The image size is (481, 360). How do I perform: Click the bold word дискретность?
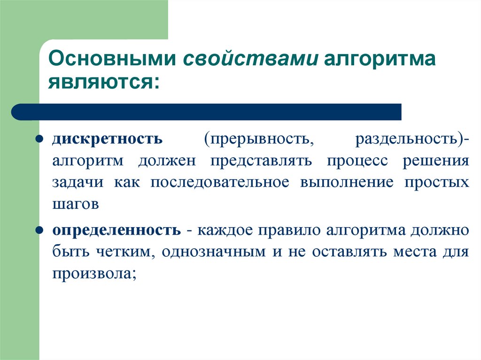point(108,140)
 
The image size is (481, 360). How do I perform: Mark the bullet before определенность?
point(41,231)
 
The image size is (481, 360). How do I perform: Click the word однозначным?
point(215,252)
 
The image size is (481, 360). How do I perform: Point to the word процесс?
point(358,161)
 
